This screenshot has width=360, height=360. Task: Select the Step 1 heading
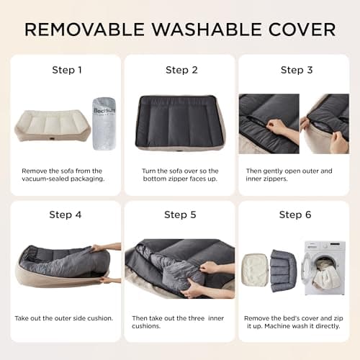coord(66,70)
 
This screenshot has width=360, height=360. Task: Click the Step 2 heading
coord(181,70)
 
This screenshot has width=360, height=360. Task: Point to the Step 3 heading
coord(295,70)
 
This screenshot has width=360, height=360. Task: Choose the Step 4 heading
coord(66,215)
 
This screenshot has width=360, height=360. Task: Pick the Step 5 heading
coord(181,215)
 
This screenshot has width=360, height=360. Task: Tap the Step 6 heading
coord(295,215)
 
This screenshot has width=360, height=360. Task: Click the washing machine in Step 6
coord(320,267)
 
